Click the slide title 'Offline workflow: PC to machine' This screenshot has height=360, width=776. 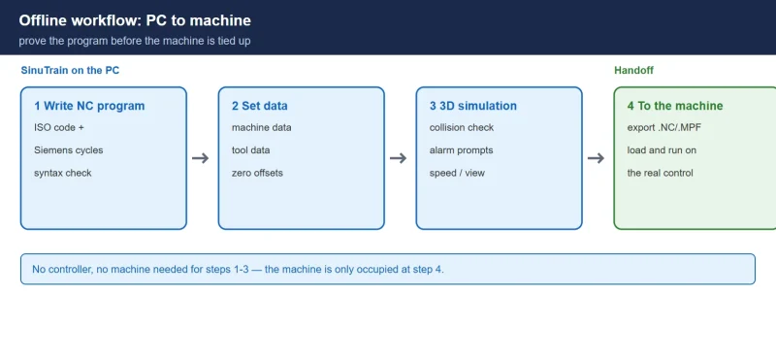[x=135, y=20]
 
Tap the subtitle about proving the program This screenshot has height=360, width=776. [x=135, y=41]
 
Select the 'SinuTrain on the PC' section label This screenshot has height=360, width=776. [x=70, y=70]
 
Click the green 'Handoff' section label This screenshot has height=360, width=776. [x=633, y=70]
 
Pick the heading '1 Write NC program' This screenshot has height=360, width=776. [x=89, y=106]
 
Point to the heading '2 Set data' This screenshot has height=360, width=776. [x=259, y=106]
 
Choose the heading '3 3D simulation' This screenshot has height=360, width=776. [x=472, y=106]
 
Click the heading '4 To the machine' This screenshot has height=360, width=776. [x=674, y=106]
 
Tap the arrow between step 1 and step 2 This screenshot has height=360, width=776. [x=201, y=158]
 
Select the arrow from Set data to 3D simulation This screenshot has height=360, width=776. [x=399, y=158]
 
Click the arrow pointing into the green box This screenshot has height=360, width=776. [x=596, y=158]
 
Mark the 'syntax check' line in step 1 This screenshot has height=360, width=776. [x=63, y=173]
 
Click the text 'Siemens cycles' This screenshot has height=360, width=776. [x=68, y=150]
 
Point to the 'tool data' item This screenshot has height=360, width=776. [x=250, y=150]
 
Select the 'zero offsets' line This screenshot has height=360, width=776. [x=257, y=173]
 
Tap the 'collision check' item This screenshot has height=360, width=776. [x=462, y=127]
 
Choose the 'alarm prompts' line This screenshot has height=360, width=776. [x=462, y=150]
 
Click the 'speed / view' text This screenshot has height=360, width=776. [x=457, y=173]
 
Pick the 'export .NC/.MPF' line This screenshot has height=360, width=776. [x=663, y=127]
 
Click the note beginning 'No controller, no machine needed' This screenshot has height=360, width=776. [x=238, y=270]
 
